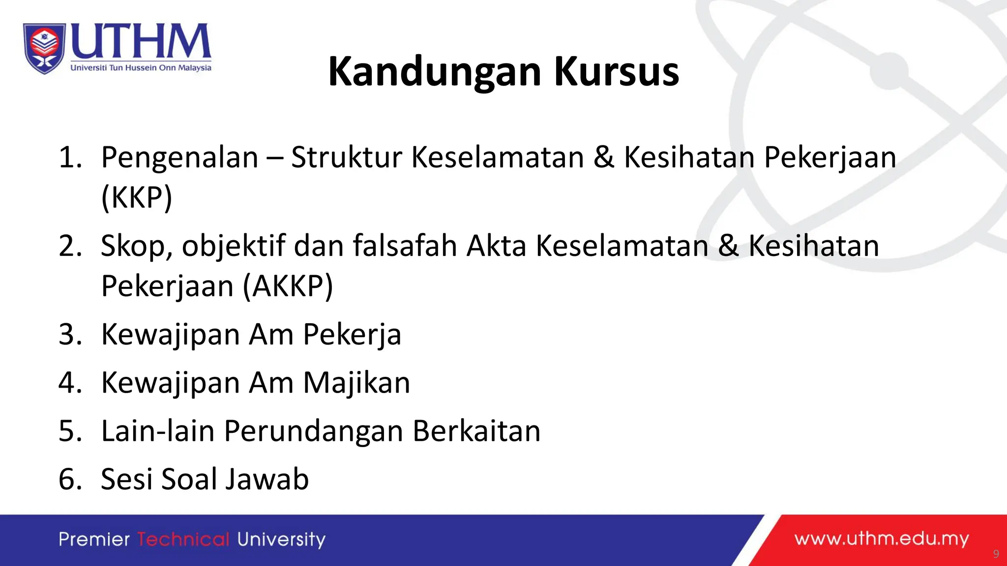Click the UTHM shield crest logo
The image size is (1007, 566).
(x=44, y=48)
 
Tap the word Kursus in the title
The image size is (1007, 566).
(x=617, y=72)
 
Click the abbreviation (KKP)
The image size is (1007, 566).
(x=137, y=198)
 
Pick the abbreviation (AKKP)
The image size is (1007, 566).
(x=288, y=286)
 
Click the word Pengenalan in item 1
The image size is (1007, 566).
(x=179, y=158)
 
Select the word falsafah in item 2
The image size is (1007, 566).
(x=405, y=246)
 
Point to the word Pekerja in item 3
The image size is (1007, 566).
(x=352, y=335)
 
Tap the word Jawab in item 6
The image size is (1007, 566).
(x=267, y=479)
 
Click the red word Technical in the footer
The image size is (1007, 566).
(x=183, y=539)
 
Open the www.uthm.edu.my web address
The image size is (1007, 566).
(x=882, y=539)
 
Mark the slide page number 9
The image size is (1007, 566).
(x=996, y=554)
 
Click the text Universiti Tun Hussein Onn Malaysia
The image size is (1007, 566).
(x=141, y=68)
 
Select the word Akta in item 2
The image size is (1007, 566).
(x=496, y=246)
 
